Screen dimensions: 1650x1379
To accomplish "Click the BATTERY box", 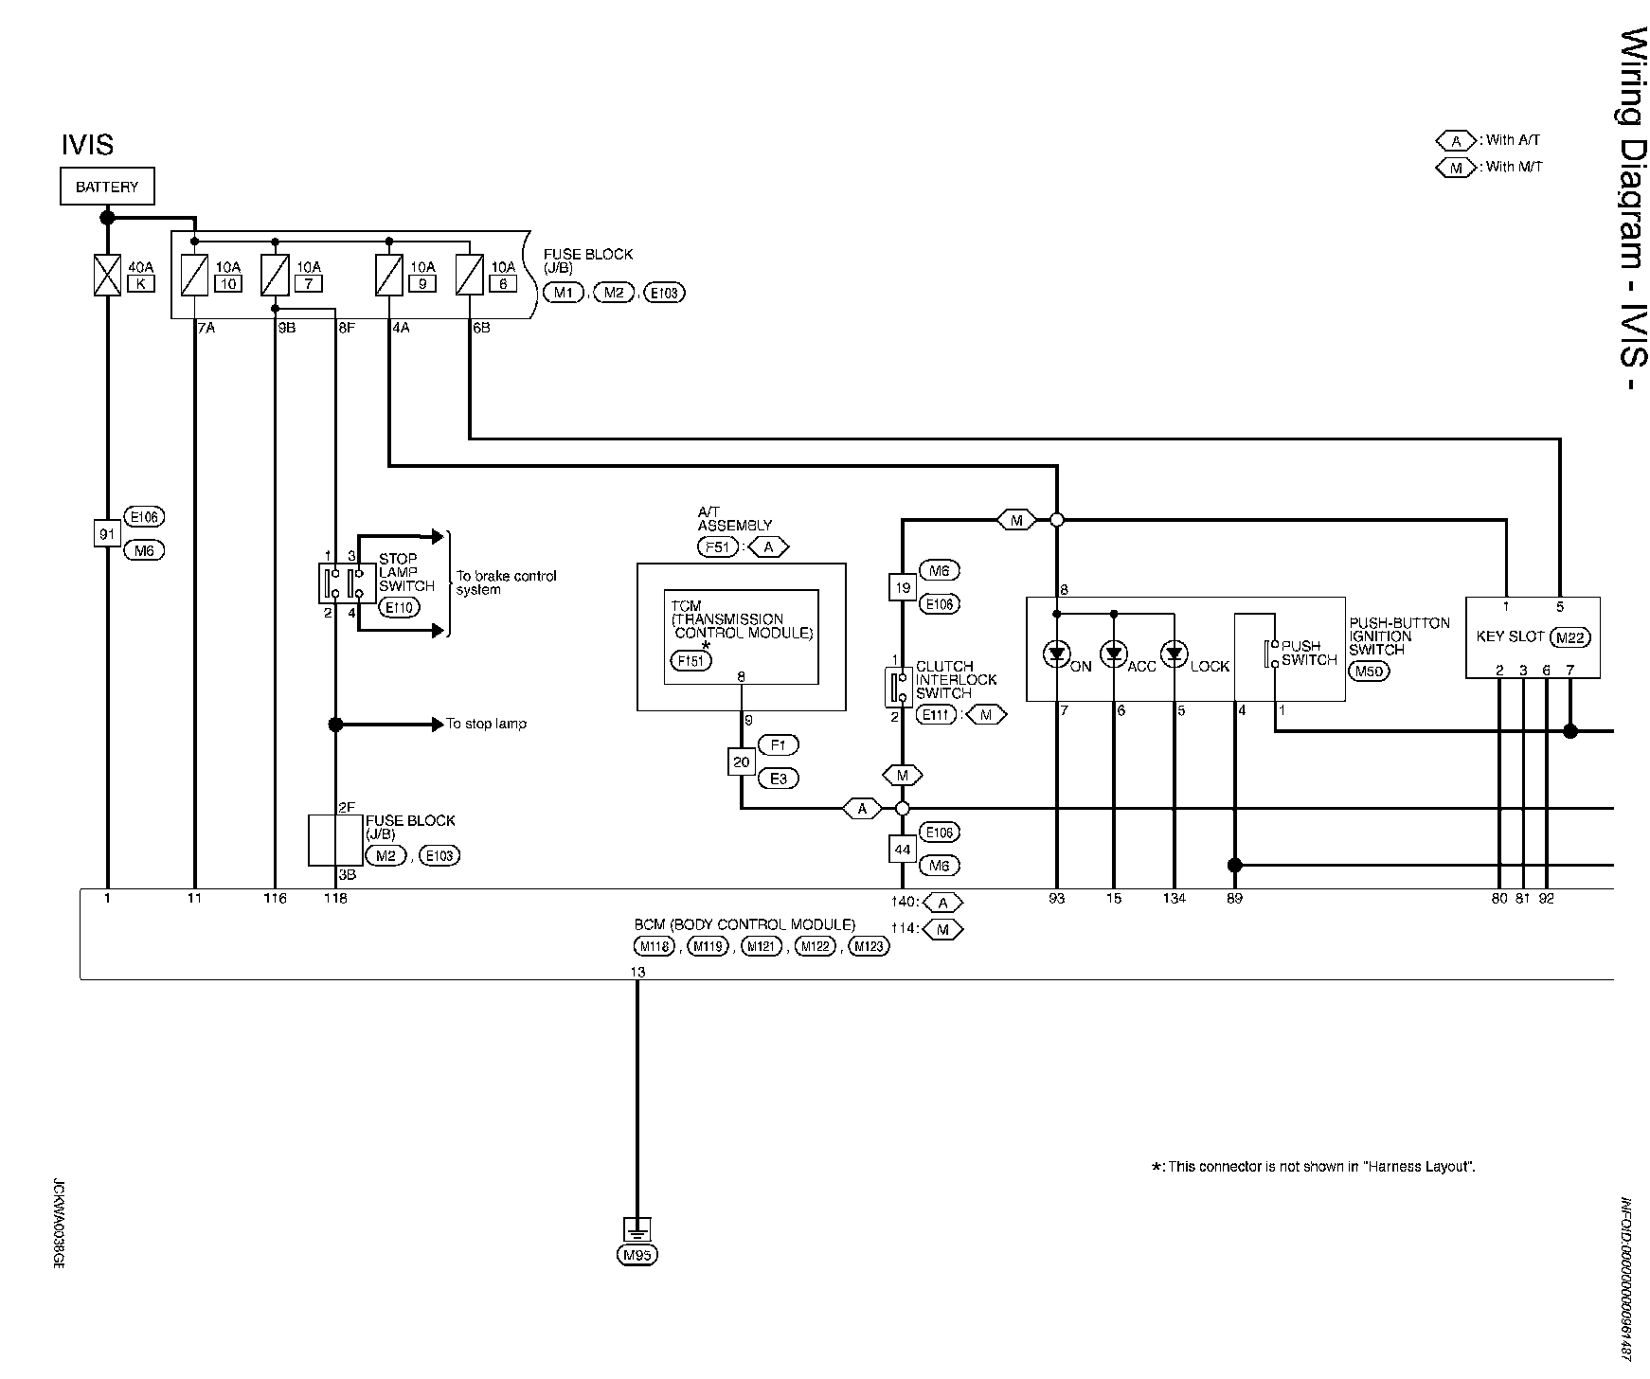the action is tap(107, 187).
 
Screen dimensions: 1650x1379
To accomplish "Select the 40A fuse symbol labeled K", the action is tap(108, 276).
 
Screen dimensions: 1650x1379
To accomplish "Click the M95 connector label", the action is tap(637, 1256).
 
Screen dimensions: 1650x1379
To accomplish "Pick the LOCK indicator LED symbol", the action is tap(1175, 654).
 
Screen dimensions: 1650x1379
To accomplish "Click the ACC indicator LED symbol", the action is tap(1114, 654).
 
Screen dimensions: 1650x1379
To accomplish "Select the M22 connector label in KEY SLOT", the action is tap(1569, 637).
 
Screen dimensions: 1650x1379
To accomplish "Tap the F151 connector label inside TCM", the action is tap(691, 660).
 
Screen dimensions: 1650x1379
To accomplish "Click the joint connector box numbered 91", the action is tap(107, 534).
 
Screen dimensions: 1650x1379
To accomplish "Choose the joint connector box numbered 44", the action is tap(903, 850).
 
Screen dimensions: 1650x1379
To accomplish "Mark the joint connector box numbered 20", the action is tap(741, 761).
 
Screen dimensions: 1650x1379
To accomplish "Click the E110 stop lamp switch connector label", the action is tap(400, 607).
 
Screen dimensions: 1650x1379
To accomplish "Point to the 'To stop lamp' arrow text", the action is tap(487, 724).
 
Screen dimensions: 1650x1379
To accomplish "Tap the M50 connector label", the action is tap(1369, 672).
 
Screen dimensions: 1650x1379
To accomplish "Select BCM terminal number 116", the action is tap(275, 898).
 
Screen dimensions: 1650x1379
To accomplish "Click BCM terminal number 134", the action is tap(1175, 898).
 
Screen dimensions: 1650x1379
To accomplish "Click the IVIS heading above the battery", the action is tap(87, 145).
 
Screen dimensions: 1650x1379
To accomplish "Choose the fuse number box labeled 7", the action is tap(309, 282).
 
